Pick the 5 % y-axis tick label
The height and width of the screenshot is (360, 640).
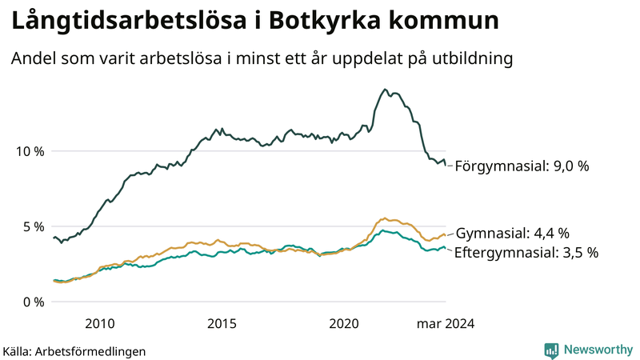tap(31, 226)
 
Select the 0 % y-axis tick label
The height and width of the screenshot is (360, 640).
tap(31, 302)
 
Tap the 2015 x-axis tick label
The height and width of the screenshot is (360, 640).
tap(222, 324)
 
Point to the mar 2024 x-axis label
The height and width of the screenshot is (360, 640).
tap(445, 324)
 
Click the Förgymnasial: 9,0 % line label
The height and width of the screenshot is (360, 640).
tap(522, 166)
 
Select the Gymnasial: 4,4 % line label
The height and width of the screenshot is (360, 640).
tap(512, 234)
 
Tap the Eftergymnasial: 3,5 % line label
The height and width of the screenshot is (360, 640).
tap(526, 253)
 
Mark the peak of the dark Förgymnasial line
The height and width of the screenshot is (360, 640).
tap(385, 90)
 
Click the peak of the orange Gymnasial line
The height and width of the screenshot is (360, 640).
tap(385, 218)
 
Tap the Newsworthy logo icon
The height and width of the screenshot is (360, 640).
tap(551, 350)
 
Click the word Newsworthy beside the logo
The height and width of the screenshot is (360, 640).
tap(597, 350)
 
